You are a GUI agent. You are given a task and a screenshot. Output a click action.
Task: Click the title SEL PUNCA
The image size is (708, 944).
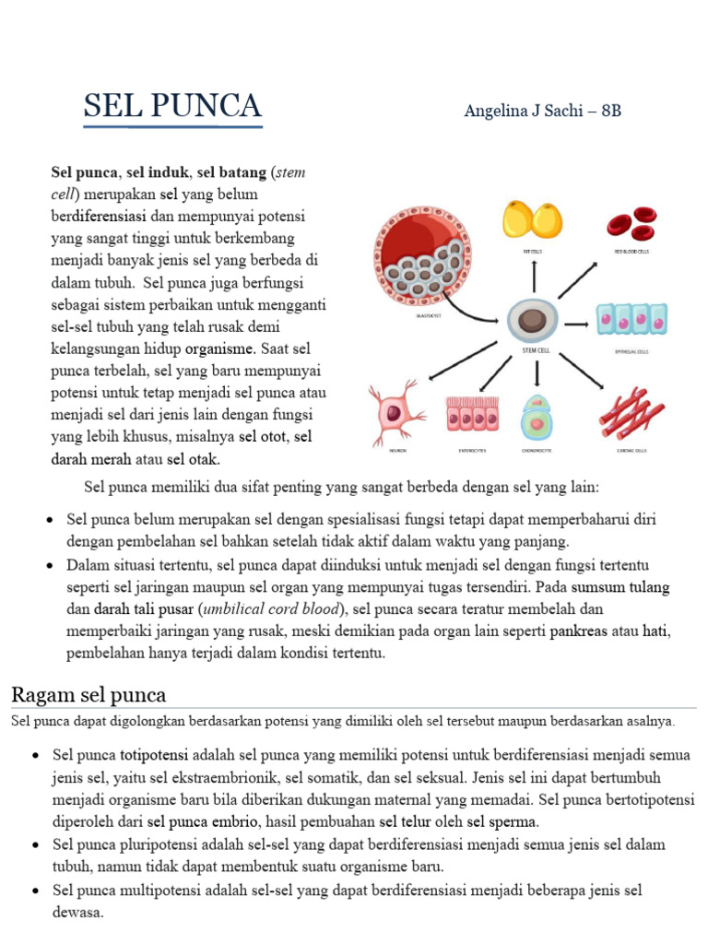pos(172,106)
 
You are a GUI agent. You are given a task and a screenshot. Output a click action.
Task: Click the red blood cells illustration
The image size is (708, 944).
pos(631,222)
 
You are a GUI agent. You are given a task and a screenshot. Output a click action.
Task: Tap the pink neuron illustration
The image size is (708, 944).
pos(395,411)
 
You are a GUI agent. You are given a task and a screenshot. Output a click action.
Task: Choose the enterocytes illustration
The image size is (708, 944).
pos(471,414)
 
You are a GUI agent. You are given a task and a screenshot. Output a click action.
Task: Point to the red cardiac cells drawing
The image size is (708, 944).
pos(631,412)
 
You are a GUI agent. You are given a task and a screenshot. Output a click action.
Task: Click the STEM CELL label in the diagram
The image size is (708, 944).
pos(532,349)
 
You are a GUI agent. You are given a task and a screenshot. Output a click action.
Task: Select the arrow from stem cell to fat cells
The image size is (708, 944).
pos(532,275)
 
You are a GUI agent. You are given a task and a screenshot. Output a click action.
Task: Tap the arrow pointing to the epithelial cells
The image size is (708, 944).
pos(576,324)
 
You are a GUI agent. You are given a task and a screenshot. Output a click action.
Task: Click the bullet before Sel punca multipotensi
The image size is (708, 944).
pos(35,891)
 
